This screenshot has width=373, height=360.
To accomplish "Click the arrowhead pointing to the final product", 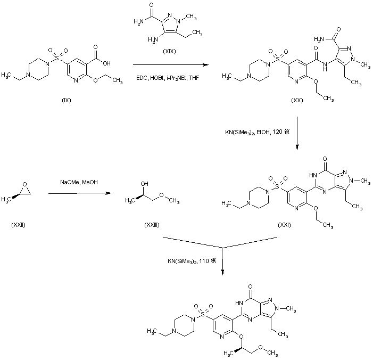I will tap(222, 272).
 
